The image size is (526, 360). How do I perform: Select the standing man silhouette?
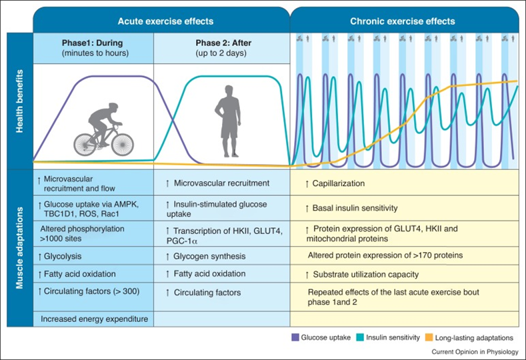(228, 120)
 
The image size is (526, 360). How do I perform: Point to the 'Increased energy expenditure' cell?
(93, 319)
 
